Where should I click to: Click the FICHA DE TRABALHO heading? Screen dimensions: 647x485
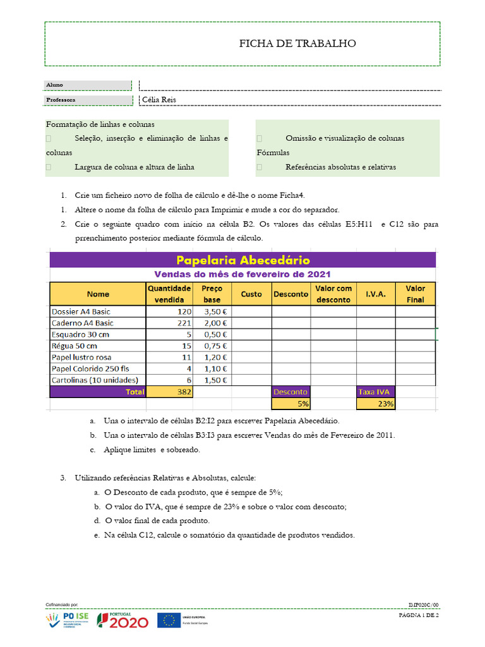pyautogui.click(x=297, y=44)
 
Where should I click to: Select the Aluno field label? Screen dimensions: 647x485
pyautogui.click(x=54, y=85)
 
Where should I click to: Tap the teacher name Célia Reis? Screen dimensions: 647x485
pyautogui.click(x=159, y=100)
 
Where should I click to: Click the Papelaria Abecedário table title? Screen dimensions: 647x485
pyautogui.click(x=242, y=260)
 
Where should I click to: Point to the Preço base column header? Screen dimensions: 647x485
pyautogui.click(x=212, y=294)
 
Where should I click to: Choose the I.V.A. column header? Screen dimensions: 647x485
pyautogui.click(x=376, y=294)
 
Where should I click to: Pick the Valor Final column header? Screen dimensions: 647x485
pyautogui.click(x=415, y=294)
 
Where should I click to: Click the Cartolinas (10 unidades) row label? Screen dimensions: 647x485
pyautogui.click(x=95, y=380)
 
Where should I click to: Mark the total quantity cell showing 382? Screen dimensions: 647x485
pyautogui.click(x=169, y=392)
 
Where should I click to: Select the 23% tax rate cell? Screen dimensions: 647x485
pyautogui.click(x=376, y=404)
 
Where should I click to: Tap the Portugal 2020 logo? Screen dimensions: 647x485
pyautogui.click(x=123, y=621)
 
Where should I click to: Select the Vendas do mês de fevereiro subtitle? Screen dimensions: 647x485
pyautogui.click(x=242, y=274)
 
